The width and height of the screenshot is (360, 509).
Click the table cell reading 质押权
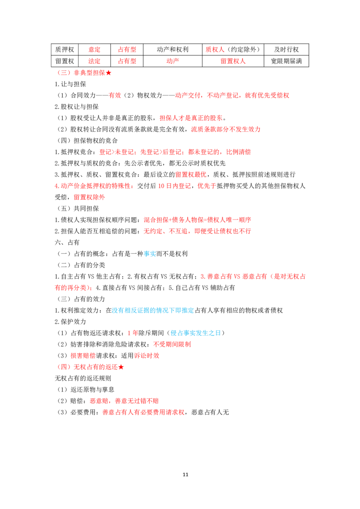[65, 49]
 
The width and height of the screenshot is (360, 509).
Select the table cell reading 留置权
[65, 61]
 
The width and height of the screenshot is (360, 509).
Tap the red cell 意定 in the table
[94, 49]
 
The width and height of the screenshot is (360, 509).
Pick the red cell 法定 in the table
[94, 61]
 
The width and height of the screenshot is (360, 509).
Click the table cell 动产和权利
[172, 49]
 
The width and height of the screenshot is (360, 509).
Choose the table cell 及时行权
[286, 49]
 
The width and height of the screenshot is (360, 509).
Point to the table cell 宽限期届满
[286, 61]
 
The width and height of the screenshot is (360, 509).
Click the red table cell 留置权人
[233, 61]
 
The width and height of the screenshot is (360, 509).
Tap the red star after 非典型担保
[108, 73]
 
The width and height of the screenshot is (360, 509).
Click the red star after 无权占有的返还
[121, 367]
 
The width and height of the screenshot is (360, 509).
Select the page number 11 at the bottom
[185, 474]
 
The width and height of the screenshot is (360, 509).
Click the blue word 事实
[150, 254]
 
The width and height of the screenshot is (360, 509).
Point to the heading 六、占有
[67, 242]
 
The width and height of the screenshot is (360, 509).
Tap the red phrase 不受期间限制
[172, 344]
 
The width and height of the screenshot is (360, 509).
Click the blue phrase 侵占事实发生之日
[196, 333]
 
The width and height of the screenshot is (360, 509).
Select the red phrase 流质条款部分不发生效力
[226, 129]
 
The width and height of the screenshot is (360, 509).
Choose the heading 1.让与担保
[71, 84]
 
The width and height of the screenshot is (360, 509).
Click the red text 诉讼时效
[147, 356]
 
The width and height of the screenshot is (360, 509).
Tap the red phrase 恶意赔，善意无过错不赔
[125, 401]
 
